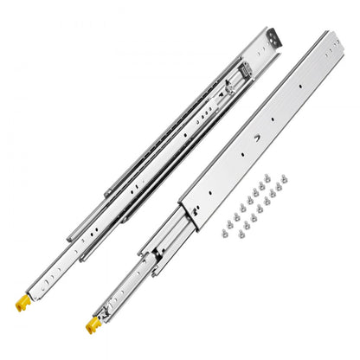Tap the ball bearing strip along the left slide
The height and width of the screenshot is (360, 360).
[x=173, y=130]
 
